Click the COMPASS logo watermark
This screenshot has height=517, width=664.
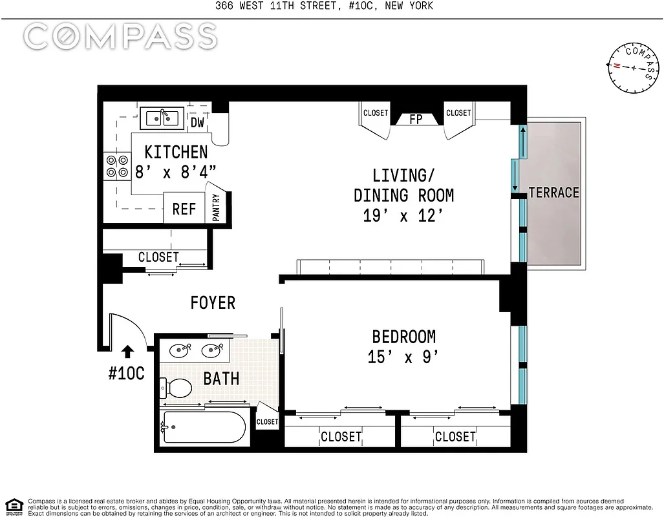coord(120,38)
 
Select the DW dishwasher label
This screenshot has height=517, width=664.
coord(197,122)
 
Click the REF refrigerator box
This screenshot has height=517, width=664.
coord(184,209)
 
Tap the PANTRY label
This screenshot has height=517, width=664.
coord(216,207)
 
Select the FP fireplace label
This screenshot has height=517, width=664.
coord(416,120)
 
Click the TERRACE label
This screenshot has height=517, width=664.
coord(553,193)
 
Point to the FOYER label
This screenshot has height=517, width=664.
coord(213,302)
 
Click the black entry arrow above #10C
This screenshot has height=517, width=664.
coord(128,350)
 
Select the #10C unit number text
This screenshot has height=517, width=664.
coord(126,373)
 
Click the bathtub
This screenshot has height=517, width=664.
coord(204,427)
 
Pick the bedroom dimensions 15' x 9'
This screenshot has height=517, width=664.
coord(403,357)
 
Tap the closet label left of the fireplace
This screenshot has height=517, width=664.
coord(375,113)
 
